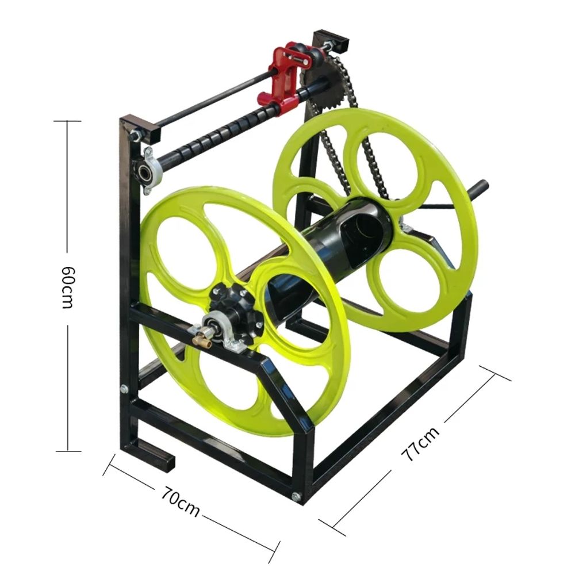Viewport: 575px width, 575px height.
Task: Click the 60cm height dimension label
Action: tap(67, 287)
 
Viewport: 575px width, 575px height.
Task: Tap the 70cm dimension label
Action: tap(181, 501)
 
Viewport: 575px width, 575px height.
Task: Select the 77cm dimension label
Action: tap(420, 444)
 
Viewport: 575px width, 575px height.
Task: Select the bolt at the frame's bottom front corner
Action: tap(296, 497)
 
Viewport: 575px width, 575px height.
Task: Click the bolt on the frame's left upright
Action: tap(125, 389)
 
